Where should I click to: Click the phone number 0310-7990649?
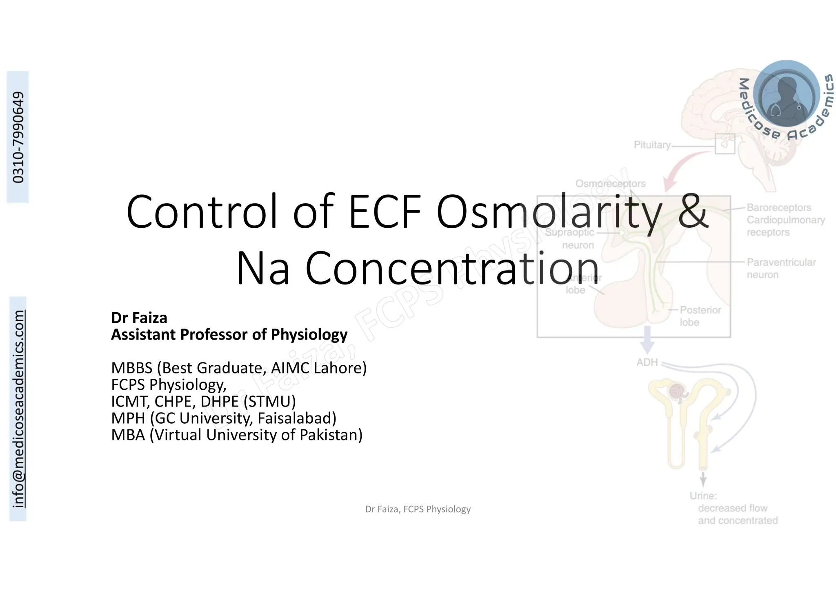18,137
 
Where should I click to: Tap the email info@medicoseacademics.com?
18,409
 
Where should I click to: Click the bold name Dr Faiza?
139,318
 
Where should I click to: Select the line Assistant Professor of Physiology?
229,334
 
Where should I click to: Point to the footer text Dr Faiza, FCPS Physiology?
418,509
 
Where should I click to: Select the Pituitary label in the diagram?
652,145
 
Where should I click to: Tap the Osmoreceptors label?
610,184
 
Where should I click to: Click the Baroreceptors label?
779,207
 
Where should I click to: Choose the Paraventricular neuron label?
781,268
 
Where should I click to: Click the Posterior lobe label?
700,316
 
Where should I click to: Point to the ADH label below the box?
647,362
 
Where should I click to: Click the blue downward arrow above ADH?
647,340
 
